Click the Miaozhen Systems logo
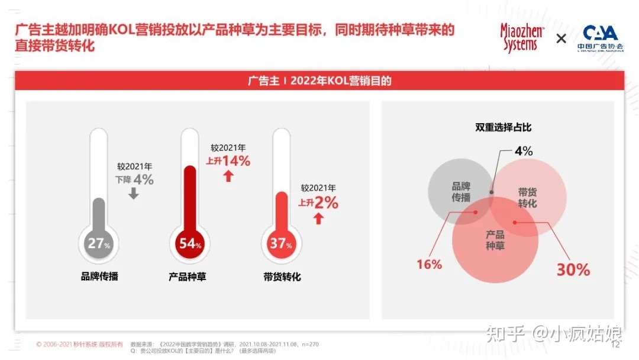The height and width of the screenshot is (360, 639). (x=522, y=38)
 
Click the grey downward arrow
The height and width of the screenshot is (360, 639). (x=134, y=193)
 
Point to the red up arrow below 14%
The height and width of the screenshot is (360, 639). (x=228, y=176)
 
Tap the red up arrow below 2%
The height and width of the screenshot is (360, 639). (x=318, y=218)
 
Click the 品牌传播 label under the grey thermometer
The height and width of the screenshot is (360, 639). (x=99, y=276)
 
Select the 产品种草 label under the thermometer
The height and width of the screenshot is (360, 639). (x=188, y=276)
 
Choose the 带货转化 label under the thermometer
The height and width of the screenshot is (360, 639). (x=282, y=276)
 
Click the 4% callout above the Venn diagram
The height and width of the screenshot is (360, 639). (x=523, y=151)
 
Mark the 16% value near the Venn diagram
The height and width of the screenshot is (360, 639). (x=429, y=265)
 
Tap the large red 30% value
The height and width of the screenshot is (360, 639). (x=573, y=270)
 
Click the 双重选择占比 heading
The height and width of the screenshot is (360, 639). (x=503, y=127)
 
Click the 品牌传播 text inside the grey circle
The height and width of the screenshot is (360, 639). (x=461, y=192)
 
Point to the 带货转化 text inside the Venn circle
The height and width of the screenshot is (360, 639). (x=527, y=198)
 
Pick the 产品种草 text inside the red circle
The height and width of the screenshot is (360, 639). (x=495, y=240)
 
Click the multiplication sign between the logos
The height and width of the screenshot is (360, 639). (x=561, y=39)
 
